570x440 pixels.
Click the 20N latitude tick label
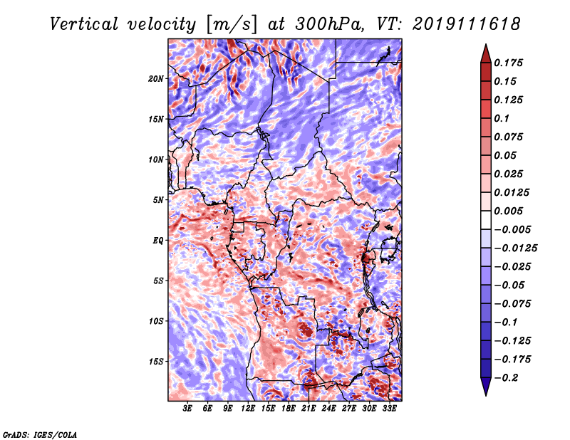tap(156, 79)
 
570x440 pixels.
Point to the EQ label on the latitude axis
tap(158, 241)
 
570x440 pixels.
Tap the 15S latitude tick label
tap(156, 362)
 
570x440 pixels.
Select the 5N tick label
tap(158, 200)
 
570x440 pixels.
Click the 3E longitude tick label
tap(187, 409)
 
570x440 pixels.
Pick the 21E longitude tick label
tap(309, 409)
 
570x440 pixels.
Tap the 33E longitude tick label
tap(389, 409)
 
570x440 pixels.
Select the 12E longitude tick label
tap(248, 409)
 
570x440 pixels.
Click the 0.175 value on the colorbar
tap(508, 63)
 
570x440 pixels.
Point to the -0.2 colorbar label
tap(505, 378)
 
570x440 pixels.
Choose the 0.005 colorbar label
tap(508, 211)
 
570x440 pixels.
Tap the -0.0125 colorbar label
tap(515, 248)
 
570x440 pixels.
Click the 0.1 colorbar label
tap(502, 118)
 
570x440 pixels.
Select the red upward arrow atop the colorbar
tap(486, 54)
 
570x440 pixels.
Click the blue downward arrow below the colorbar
tap(486, 387)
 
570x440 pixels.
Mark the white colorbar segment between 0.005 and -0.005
tap(486, 220)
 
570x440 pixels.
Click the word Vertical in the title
tap(84, 24)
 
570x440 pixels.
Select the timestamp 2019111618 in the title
tap(467, 24)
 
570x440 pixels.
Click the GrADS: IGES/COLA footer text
tap(40, 435)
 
